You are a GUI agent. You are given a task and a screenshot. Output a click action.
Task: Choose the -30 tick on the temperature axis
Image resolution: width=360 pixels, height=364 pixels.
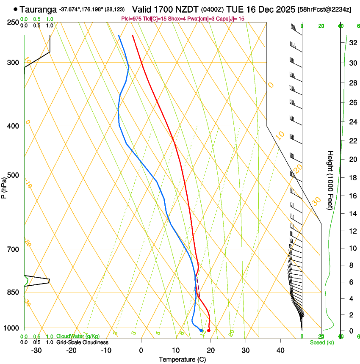pyautogui.click(x=36, y=350)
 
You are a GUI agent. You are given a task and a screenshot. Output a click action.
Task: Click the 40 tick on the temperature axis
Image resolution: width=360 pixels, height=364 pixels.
pyautogui.click(x=280, y=350)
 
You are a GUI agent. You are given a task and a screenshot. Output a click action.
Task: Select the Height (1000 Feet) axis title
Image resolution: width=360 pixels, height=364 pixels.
pyautogui.click(x=331, y=180)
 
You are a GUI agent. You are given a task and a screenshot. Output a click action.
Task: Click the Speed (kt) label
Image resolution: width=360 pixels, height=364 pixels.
pyautogui.click(x=321, y=342)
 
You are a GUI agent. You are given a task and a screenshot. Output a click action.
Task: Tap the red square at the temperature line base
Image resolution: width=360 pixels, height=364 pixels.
pyautogui.click(x=208, y=330)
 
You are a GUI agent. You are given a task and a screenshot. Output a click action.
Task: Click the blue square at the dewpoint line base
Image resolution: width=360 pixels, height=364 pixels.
pyautogui.click(x=201, y=330)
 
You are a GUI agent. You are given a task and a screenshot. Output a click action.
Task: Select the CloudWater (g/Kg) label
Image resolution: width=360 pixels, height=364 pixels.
pyautogui.click(x=78, y=336)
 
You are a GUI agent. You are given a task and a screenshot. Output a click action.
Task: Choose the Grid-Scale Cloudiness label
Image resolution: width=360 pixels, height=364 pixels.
pyautogui.click(x=82, y=342)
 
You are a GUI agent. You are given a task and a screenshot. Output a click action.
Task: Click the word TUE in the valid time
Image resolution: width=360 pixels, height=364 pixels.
pyautogui.click(x=235, y=9)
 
